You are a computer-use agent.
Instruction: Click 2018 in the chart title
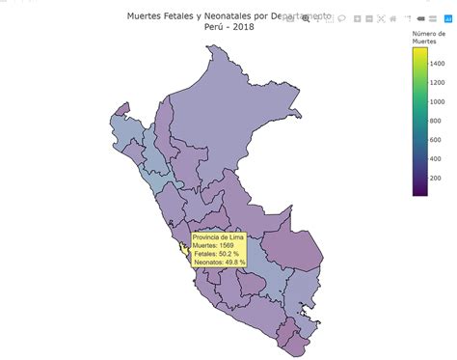241,28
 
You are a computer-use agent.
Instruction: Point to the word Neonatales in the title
215,15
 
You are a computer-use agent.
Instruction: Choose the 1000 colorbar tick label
437,100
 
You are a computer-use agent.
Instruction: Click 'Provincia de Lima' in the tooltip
219,236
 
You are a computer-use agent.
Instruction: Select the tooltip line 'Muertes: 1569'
213,245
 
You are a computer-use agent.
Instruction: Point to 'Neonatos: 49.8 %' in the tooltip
220,263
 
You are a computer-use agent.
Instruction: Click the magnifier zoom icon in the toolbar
307,18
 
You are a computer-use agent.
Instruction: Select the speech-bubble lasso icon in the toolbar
342,18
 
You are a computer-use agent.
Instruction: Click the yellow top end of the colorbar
420,54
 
